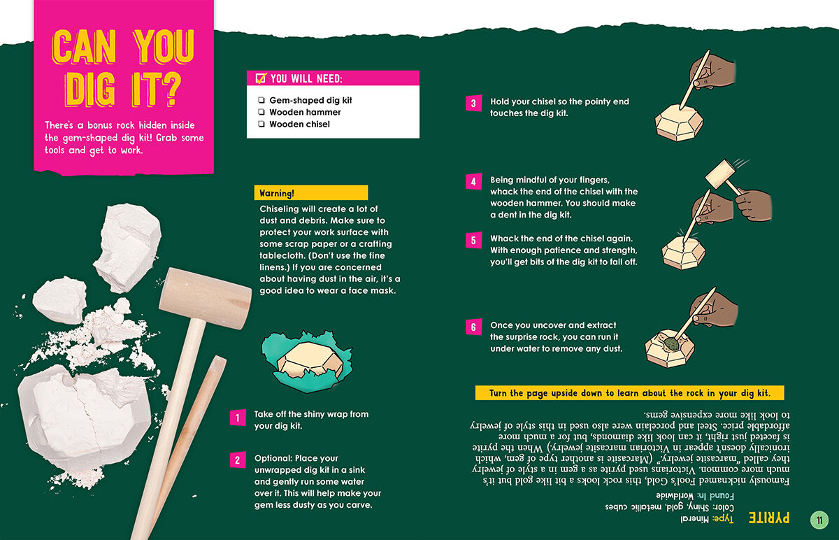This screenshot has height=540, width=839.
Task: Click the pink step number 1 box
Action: (238, 418)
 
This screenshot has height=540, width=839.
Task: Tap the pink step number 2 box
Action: (238, 460)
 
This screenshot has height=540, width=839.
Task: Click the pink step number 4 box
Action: (473, 183)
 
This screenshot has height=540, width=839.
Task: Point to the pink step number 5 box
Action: (473, 241)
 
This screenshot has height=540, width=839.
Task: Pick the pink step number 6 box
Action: (473, 327)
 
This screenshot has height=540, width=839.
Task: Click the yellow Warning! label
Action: (310, 193)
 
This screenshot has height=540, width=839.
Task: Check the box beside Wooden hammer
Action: (261, 112)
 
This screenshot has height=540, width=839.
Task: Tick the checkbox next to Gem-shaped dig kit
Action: (261, 101)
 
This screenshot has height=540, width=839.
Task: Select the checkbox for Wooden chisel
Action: (261, 124)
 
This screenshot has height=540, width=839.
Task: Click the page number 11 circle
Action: (819, 520)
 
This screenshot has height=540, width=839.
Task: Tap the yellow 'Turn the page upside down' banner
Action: (629, 393)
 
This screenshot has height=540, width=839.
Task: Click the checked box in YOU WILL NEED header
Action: (261, 78)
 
